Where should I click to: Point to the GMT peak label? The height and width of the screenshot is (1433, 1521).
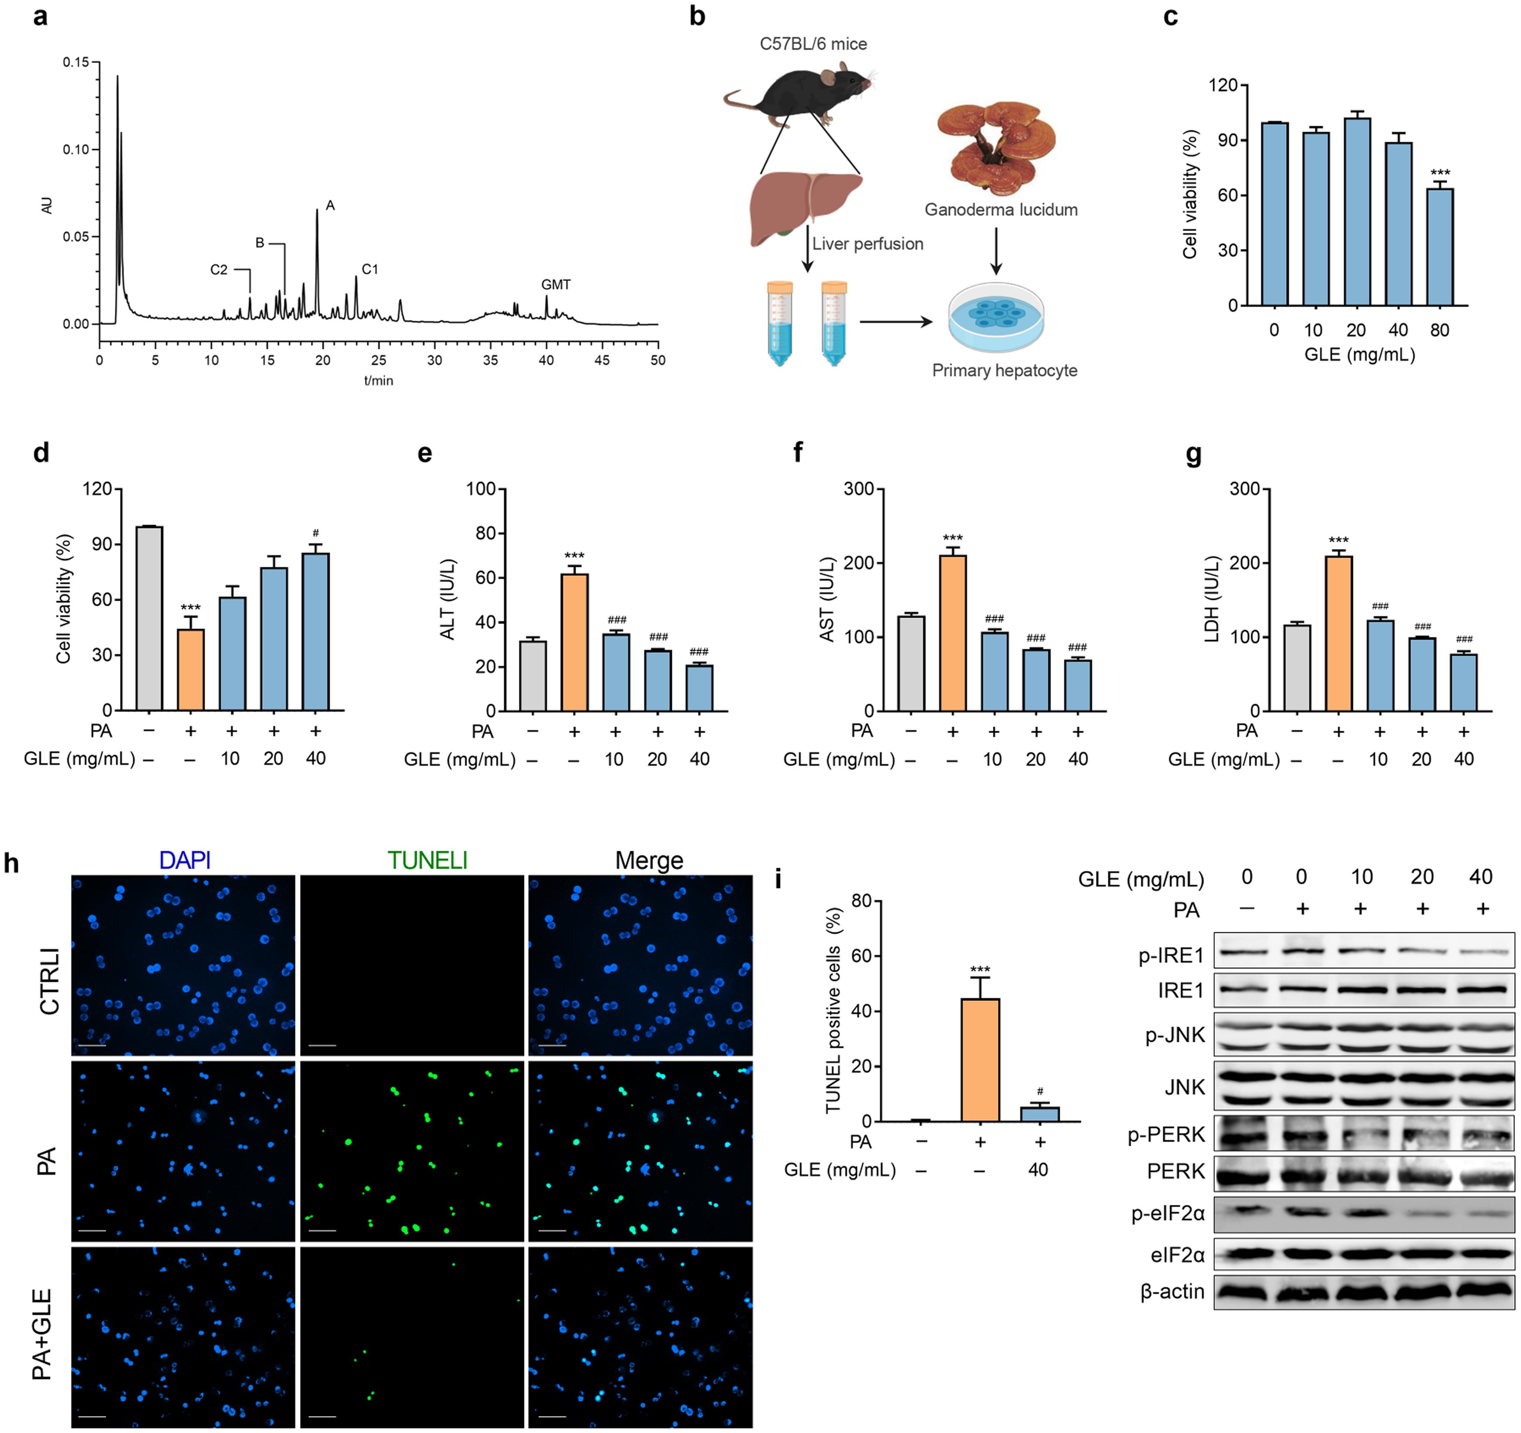pos(556,284)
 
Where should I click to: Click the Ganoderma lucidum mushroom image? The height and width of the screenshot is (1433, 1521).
pos(996,145)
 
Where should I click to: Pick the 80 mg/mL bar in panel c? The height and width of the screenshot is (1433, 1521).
pos(1439,246)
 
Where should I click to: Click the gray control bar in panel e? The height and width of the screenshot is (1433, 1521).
pos(532,675)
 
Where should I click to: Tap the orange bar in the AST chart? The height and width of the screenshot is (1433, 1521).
pos(953,633)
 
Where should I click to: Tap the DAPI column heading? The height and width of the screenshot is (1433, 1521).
pos(184,861)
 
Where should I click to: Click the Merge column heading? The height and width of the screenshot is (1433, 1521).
pos(649,861)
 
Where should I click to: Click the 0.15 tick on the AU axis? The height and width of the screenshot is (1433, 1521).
pos(76,62)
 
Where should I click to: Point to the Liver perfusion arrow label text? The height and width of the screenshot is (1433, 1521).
pos(868,244)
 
